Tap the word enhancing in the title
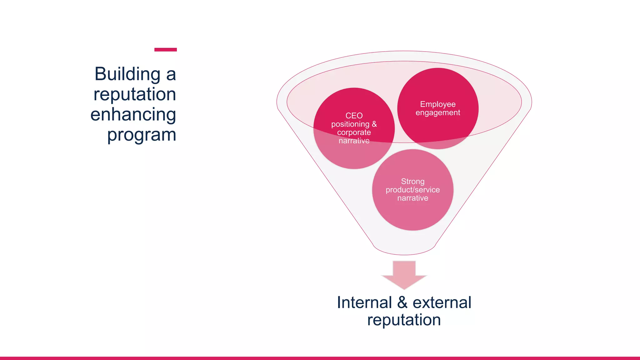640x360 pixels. [x=133, y=115]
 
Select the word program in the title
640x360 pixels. [x=142, y=135]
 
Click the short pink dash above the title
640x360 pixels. [x=166, y=50]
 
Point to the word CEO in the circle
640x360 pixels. [x=354, y=116]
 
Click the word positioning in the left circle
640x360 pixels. [x=350, y=124]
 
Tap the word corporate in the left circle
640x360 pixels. [x=354, y=132]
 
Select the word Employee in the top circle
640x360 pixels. [x=438, y=104]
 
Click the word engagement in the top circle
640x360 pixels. [x=438, y=112]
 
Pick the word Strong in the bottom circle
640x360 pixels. [x=413, y=181]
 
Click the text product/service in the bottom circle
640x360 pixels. [x=413, y=190]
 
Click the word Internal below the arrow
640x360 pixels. [x=364, y=302]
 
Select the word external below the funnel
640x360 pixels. [x=442, y=302]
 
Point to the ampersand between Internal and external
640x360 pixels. [x=402, y=302]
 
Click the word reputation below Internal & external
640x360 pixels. [x=404, y=320]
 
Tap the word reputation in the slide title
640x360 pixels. [x=135, y=94]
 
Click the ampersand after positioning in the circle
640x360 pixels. [x=374, y=124]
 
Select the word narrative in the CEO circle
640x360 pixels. [x=354, y=141]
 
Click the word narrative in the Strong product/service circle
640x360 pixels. [x=413, y=198]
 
